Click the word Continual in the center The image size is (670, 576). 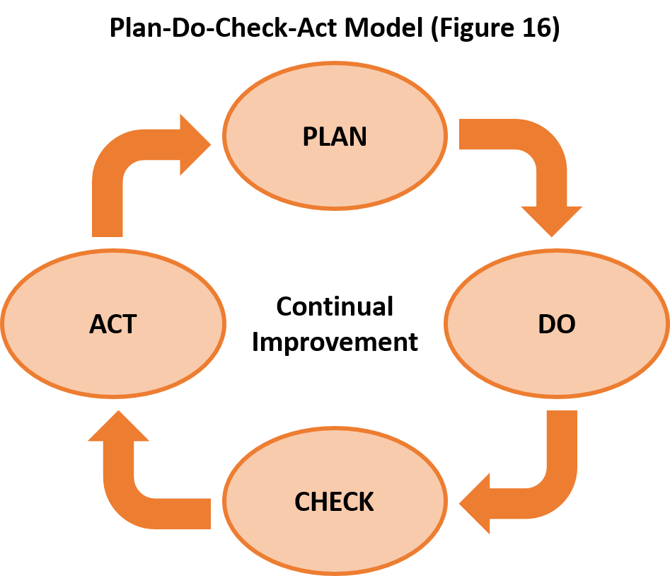(x=335, y=307)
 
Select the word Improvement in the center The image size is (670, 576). (x=335, y=342)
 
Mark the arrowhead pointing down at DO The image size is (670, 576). (x=551, y=219)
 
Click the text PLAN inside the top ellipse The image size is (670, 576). (x=335, y=136)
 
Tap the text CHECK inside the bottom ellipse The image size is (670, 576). (x=334, y=502)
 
